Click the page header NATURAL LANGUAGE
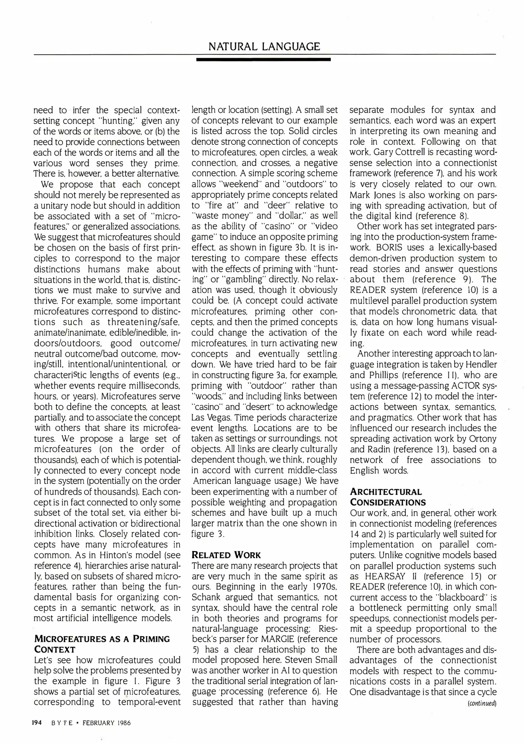coord(264,46)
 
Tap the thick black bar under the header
coord(263,60)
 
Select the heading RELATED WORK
coord(226,555)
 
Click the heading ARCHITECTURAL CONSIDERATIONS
coord(388,497)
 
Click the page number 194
coord(37,723)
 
